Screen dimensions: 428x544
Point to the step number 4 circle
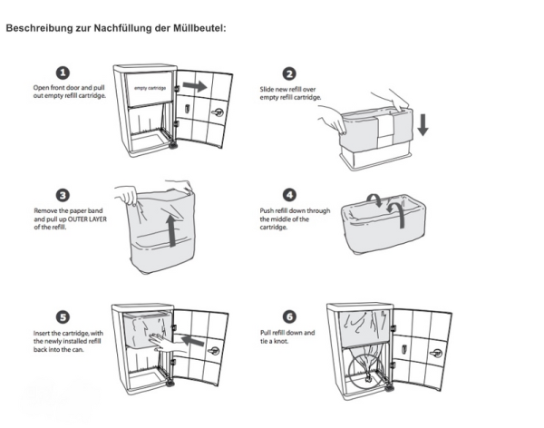(290, 195)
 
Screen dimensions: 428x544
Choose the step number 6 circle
(290, 317)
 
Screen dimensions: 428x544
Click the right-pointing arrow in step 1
(193, 87)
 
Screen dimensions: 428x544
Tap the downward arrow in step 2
(423, 127)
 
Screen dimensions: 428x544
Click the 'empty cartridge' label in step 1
(149, 88)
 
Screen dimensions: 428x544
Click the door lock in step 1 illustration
(218, 112)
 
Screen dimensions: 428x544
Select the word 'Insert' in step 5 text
(42, 333)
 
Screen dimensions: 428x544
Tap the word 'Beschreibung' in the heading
(35, 27)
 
